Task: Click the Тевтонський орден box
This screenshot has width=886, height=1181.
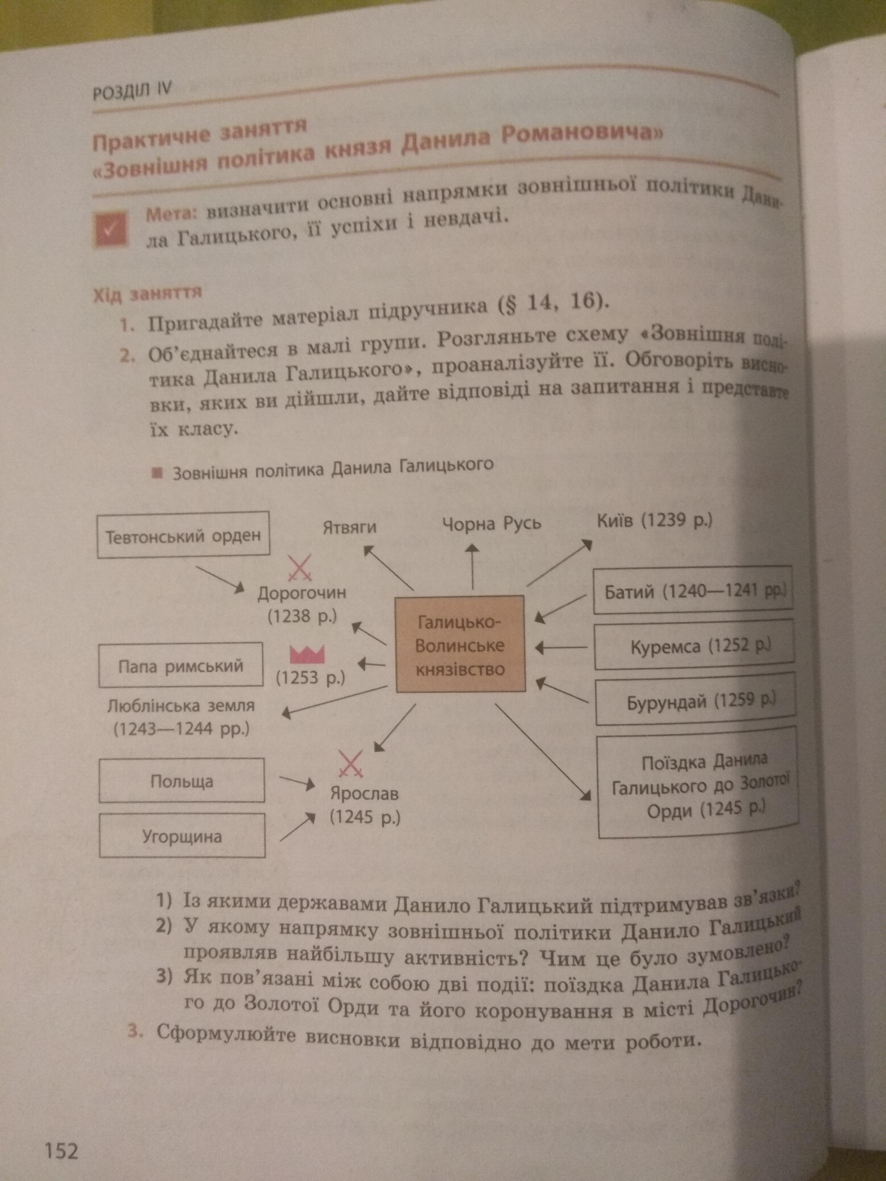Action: pyautogui.click(x=183, y=535)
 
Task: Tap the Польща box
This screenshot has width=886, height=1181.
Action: pyautogui.click(x=181, y=781)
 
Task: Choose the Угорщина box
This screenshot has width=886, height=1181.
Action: pyautogui.click(x=182, y=836)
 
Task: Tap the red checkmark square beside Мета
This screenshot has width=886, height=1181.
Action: pyautogui.click(x=110, y=229)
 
